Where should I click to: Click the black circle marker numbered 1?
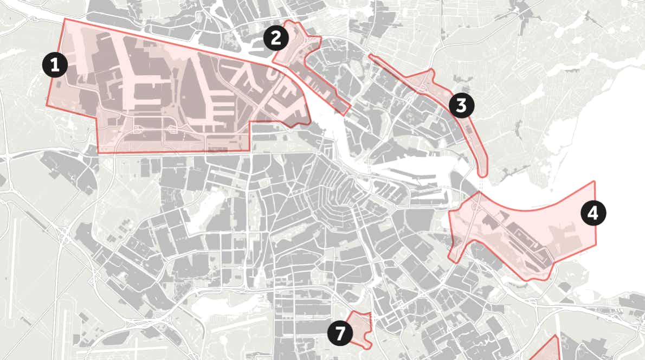click(54, 66)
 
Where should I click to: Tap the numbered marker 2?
click(276, 38)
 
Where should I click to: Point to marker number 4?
click(593, 213)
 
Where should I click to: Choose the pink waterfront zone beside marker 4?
click(531, 233)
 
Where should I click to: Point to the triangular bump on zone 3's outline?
click(431, 73)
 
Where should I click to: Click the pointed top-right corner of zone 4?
click(595, 182)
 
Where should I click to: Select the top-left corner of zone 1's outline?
click(64, 19)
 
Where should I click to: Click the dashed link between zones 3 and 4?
click(481, 184)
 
